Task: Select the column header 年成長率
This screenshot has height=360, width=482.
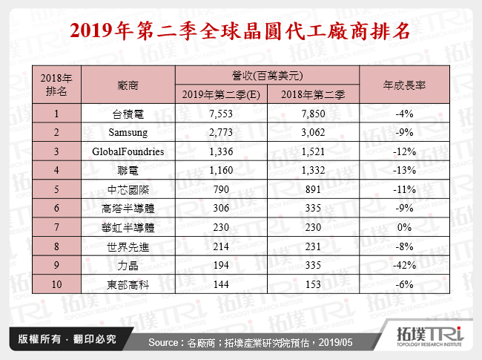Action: pos(405,85)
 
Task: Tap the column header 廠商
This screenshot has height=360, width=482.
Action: pos(128,85)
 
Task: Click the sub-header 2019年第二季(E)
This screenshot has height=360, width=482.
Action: pos(220,95)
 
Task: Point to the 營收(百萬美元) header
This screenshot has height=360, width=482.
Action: pos(267,75)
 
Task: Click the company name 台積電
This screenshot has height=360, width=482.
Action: pos(128,114)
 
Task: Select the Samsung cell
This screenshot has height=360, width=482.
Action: pos(128,132)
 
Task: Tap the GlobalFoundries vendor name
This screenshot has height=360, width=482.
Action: pos(128,151)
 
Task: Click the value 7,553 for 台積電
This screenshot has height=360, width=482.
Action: pos(220,114)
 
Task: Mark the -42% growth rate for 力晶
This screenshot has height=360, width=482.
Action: pos(405,265)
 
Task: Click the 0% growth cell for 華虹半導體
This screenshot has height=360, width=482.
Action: pos(405,227)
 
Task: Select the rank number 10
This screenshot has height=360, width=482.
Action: pos(56,284)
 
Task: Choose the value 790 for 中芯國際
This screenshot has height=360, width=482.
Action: pos(220,189)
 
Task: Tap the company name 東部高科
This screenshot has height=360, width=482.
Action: pos(128,284)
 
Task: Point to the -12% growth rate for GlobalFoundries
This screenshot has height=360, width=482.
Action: pos(405,151)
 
